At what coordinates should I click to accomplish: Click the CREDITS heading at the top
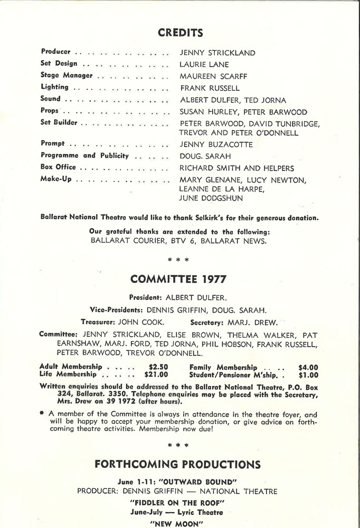[181, 33]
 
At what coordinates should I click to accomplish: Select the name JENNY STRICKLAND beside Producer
[217, 53]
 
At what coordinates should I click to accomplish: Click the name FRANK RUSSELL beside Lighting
[210, 88]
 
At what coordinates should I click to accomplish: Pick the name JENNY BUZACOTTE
[216, 144]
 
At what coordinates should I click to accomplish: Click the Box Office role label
[58, 167]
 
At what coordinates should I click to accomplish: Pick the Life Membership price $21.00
[156, 376]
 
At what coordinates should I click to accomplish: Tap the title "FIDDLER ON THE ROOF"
[181, 502]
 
